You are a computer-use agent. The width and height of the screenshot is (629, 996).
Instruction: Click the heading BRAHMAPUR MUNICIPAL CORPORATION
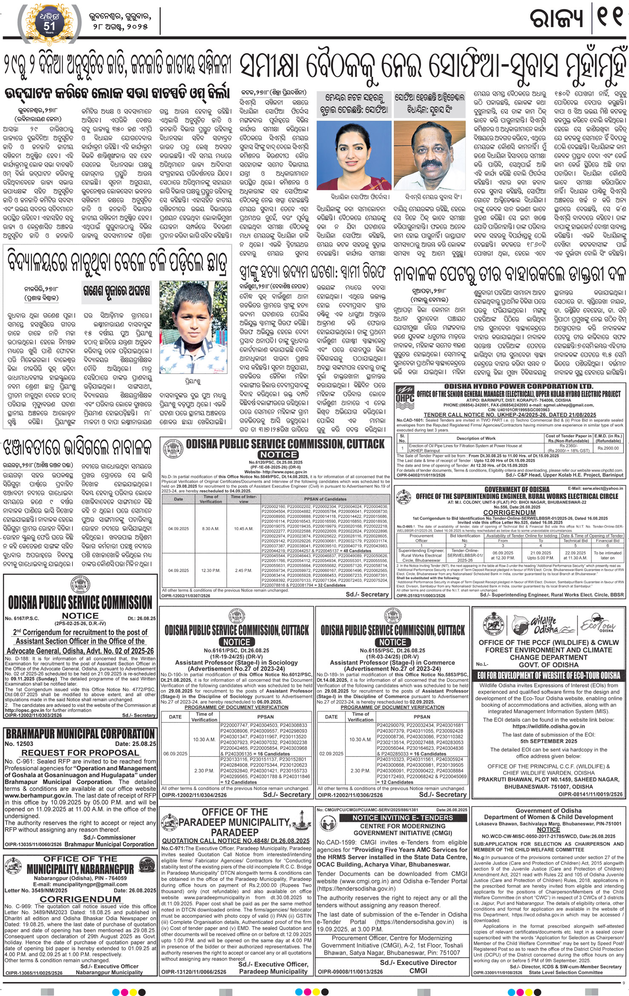[x=80, y=734]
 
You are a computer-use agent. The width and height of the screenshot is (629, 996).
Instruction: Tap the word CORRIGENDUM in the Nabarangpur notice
[x=80, y=899]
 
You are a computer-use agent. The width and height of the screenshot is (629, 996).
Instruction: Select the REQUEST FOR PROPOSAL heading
[x=80, y=752]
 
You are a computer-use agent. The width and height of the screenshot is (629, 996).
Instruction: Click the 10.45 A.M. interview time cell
[x=244, y=528]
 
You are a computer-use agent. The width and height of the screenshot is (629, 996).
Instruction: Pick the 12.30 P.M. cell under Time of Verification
[x=211, y=570]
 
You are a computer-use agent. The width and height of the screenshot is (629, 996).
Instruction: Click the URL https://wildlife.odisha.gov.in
[x=548, y=726]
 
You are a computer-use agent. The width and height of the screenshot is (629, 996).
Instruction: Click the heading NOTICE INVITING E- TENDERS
[x=402, y=818]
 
